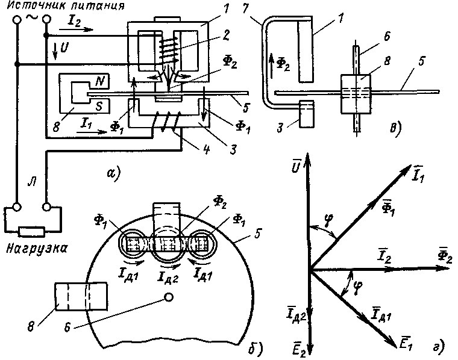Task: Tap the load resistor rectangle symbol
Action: (x=32, y=230)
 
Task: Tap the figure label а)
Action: (x=113, y=175)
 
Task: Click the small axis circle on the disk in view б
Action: (x=169, y=297)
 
